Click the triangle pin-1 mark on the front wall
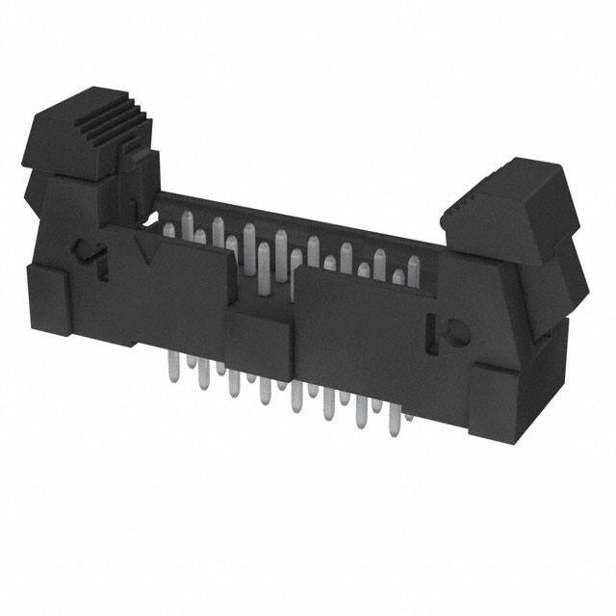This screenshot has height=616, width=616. click(147, 251)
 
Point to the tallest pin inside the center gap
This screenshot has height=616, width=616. click(263, 269)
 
